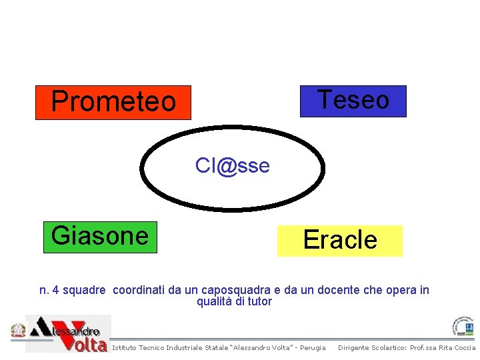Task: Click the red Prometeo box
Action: (113, 102)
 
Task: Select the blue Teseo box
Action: (353, 101)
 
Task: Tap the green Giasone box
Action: (100, 237)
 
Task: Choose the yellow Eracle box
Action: (340, 240)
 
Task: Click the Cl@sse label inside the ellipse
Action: (233, 165)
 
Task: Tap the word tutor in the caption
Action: (259, 301)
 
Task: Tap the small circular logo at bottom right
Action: (463, 327)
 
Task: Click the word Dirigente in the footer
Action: (355, 348)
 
